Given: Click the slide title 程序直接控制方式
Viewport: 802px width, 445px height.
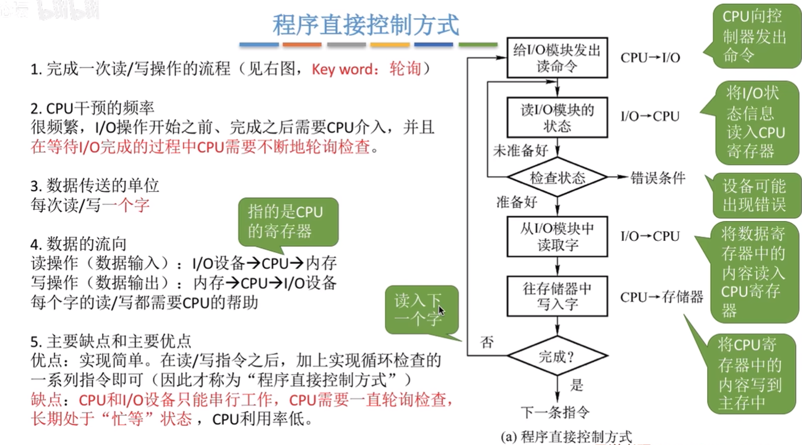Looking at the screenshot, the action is (366, 25).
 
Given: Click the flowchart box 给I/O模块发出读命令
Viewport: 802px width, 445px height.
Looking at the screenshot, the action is (557, 58).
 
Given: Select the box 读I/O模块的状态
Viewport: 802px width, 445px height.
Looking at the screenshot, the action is (557, 117).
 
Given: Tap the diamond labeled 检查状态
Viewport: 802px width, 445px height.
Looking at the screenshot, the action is (557, 177).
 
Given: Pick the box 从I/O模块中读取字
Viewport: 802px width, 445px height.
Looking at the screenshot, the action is (557, 236).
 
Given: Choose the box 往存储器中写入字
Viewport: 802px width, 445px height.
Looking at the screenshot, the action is (557, 296).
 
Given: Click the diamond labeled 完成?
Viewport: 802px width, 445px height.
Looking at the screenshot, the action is (557, 355).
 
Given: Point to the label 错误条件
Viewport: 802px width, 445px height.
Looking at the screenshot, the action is (658, 177).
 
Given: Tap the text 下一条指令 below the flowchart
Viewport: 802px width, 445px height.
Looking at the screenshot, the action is (555, 412).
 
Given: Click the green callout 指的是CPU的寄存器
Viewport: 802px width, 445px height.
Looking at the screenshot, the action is (288, 222).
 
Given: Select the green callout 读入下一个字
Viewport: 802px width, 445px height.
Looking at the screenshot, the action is (422, 310).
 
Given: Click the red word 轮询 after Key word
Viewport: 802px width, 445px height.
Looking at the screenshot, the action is (406, 68).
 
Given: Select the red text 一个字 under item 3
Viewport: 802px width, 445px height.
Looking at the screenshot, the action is (126, 205).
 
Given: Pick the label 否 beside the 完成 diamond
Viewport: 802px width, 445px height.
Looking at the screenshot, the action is (487, 342).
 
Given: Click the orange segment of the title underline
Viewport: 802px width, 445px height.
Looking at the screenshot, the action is (302, 45).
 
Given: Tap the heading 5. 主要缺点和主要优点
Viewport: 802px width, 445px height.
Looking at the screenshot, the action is (111, 341).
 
